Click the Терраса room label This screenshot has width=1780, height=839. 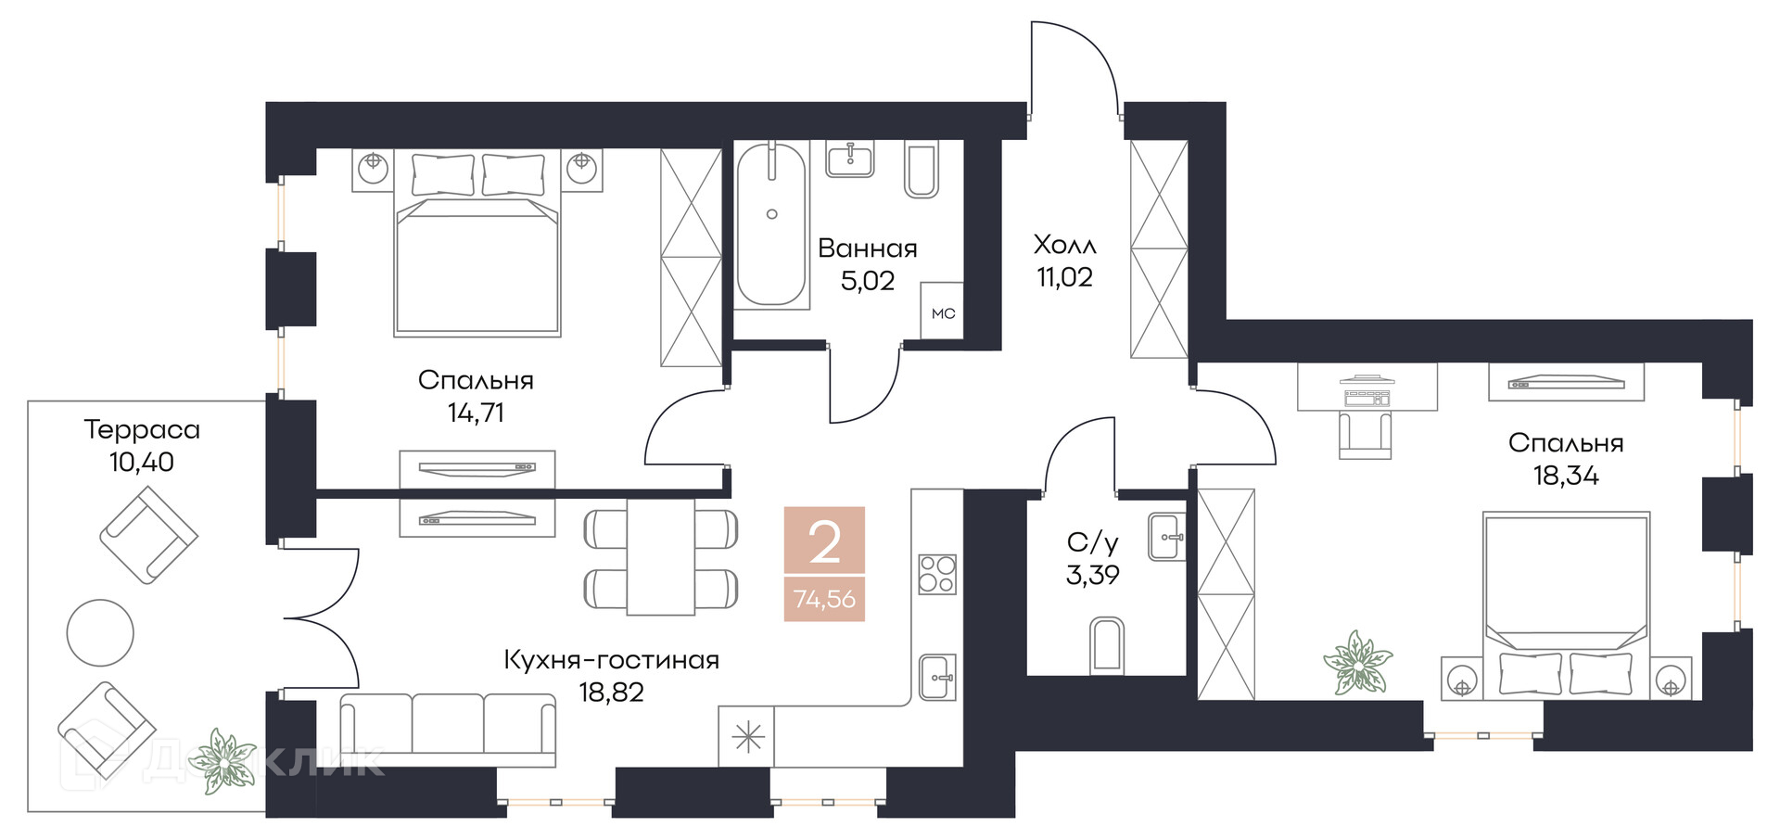[142, 429]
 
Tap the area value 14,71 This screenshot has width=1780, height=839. [476, 413]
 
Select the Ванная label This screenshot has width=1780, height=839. [867, 248]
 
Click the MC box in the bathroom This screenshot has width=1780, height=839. [942, 312]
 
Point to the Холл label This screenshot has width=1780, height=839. [1064, 245]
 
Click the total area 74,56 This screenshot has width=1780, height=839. [824, 599]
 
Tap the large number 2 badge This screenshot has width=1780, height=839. [824, 542]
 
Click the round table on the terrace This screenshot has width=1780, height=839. [100, 632]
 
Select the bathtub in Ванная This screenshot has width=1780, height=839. [771, 224]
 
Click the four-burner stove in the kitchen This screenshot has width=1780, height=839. [936, 574]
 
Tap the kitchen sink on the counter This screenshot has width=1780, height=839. [936, 678]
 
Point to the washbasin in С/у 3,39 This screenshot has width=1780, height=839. [1166, 537]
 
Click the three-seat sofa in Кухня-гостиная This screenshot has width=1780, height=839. [448, 729]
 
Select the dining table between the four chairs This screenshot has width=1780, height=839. [660, 557]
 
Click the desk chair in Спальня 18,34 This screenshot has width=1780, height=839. [1365, 435]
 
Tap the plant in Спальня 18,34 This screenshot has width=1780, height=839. [1358, 663]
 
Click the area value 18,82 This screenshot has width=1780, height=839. [611, 693]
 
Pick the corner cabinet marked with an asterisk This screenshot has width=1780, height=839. [746, 737]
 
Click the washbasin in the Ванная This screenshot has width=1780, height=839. [849, 159]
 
